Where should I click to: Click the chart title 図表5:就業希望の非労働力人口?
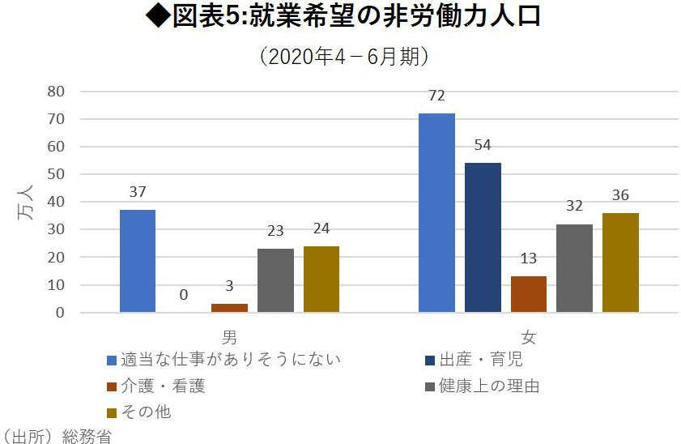pyautogui.click(x=340, y=18)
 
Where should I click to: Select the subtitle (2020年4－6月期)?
pyautogui.click(x=341, y=57)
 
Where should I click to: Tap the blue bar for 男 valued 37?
pyautogui.click(x=137, y=261)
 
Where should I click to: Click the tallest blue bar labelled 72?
pyautogui.click(x=436, y=212)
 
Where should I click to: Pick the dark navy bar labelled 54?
pyautogui.click(x=483, y=237)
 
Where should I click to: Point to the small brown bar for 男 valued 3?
pyautogui.click(x=229, y=308)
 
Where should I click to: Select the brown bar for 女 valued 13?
pyautogui.click(x=529, y=294)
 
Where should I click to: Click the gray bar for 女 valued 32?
pyautogui.click(x=574, y=268)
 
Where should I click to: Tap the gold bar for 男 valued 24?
pyautogui.click(x=321, y=279)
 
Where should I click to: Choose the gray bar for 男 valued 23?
pyautogui.click(x=275, y=280)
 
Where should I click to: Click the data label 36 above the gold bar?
pyautogui.click(x=620, y=195)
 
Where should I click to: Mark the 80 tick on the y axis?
pyautogui.click(x=55, y=92)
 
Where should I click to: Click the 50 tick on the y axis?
pyautogui.click(x=55, y=174)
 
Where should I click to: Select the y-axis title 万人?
pyautogui.click(x=24, y=202)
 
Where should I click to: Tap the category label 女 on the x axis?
pyautogui.click(x=529, y=335)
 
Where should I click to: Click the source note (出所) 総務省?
pyautogui.click(x=57, y=437)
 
